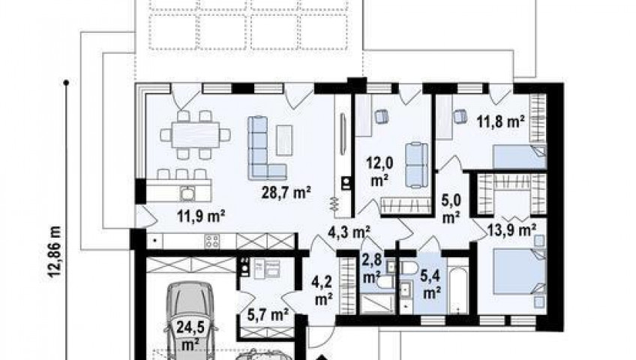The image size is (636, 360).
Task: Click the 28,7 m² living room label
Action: [x=286, y=192]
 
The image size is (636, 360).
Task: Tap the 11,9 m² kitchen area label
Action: [x=201, y=216]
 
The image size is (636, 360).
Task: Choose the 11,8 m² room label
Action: [x=500, y=121]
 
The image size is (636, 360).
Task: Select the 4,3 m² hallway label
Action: [x=349, y=232]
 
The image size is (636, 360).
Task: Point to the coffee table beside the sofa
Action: [x=284, y=140]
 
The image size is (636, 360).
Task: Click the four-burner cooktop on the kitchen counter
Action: [x=211, y=241]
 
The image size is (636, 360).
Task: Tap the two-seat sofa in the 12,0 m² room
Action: [x=416, y=165]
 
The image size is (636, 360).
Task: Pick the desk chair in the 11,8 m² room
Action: [x=459, y=116]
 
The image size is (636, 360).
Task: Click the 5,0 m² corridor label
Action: [x=451, y=209]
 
